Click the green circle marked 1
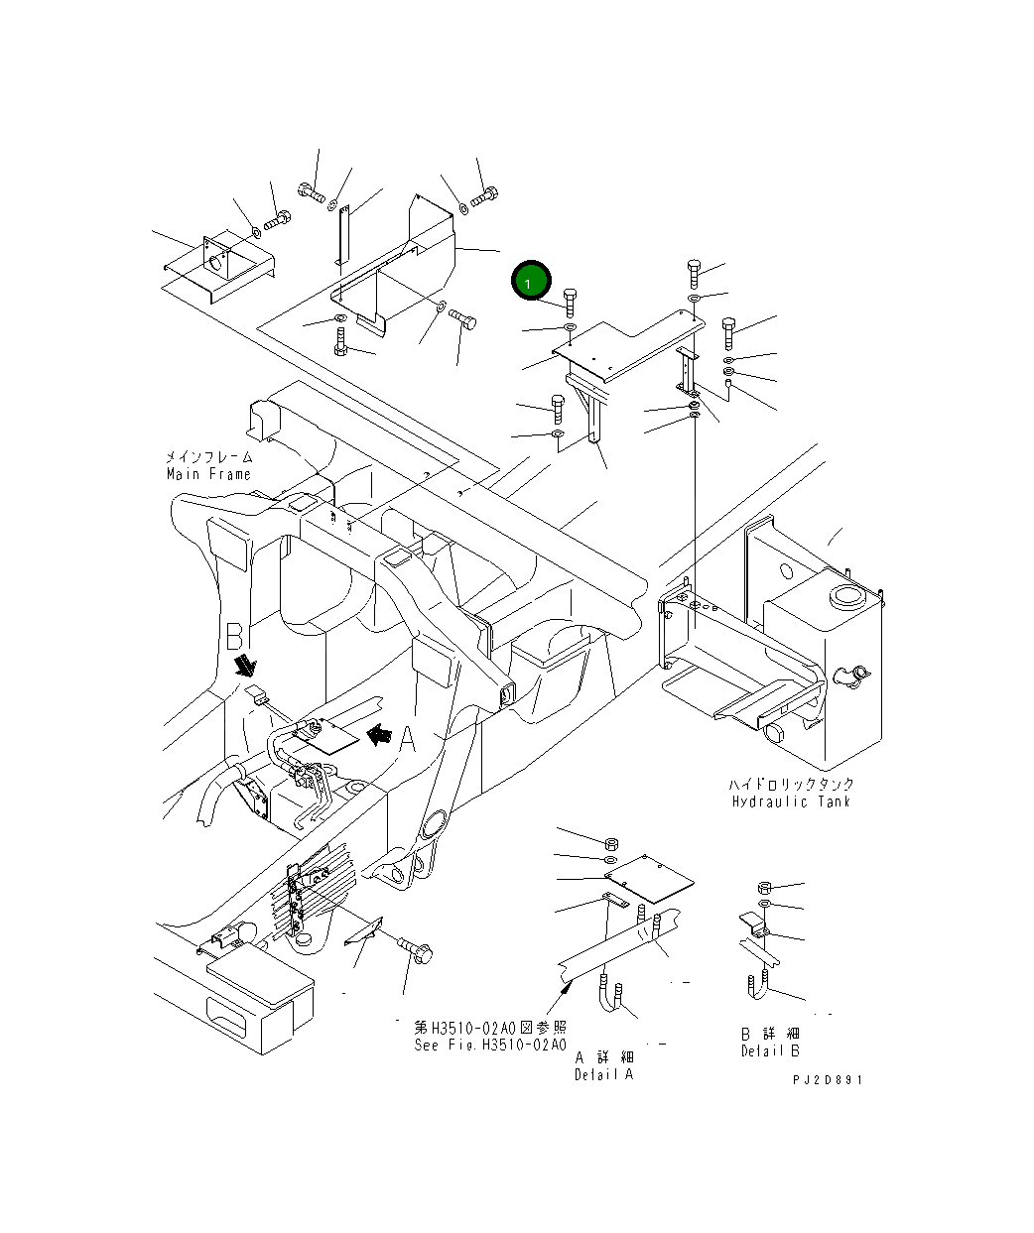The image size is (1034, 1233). coord(530,283)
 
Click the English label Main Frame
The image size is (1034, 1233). coord(208,474)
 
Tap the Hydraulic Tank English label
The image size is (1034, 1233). coord(791,801)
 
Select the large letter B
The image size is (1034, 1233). coord(234,636)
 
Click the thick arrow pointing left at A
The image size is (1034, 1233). coord(379,734)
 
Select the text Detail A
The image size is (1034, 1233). coord(602,1074)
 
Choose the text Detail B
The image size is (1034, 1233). coord(769,1050)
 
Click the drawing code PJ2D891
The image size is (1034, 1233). coord(827,1080)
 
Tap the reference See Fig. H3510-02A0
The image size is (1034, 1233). coord(490,1045)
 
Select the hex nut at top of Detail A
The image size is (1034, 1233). coord(612,841)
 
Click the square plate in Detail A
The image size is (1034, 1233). coord(650,878)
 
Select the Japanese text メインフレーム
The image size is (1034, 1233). coord(208,457)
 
